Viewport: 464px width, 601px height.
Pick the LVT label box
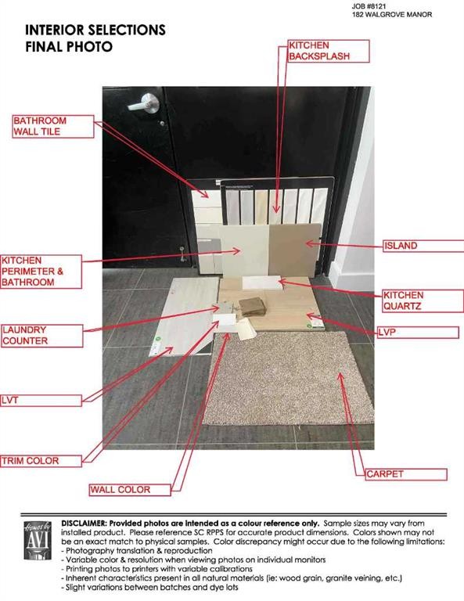tap(40, 400)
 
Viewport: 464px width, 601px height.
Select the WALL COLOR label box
tap(129, 490)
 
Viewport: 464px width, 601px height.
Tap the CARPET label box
tap(405, 474)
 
